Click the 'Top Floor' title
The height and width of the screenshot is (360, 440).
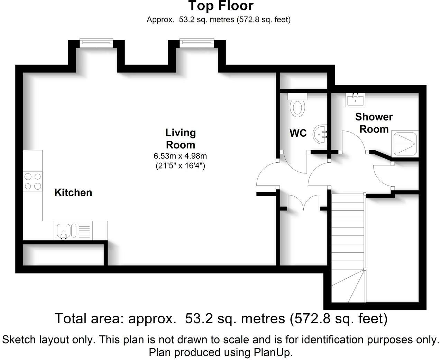click(221, 6)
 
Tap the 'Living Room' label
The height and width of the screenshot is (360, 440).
click(181, 139)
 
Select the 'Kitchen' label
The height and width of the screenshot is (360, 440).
click(73, 192)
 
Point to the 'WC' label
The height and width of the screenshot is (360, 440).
click(298, 133)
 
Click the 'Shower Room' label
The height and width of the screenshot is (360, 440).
click(374, 123)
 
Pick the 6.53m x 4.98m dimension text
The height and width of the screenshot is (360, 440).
click(180, 156)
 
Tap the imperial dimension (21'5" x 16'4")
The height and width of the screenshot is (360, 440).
click(180, 165)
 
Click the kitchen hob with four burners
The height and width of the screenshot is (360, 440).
click(33, 181)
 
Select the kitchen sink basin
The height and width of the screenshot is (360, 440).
click(63, 231)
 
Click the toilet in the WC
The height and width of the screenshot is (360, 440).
click(297, 105)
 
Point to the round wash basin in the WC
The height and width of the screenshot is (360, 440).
click(320, 134)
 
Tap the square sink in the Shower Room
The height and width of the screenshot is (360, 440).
click(355, 100)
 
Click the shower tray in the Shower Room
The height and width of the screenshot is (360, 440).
click(405, 144)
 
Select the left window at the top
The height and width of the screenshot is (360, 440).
click(97, 42)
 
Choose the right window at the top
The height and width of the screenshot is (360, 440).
click(197, 42)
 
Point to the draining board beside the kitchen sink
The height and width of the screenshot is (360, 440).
click(84, 231)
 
